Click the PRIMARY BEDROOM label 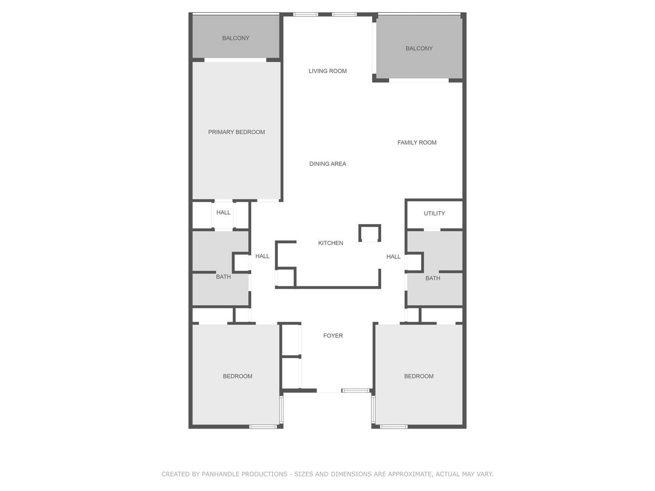tap(236, 132)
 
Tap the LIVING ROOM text tap(327, 71)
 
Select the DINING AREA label tap(327, 164)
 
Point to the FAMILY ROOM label tap(417, 143)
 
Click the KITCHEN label tap(331, 243)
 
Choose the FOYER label tap(333, 336)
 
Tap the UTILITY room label tap(434, 213)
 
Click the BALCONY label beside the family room tap(419, 48)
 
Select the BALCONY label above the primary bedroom tap(236, 38)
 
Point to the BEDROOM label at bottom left tap(237, 376)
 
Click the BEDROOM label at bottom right tap(419, 376)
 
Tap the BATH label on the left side tap(223, 277)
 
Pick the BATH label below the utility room tap(433, 278)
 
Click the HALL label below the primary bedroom tap(223, 212)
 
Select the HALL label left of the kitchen tap(263, 256)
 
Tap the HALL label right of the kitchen tap(394, 256)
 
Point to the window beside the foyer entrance tap(356, 390)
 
